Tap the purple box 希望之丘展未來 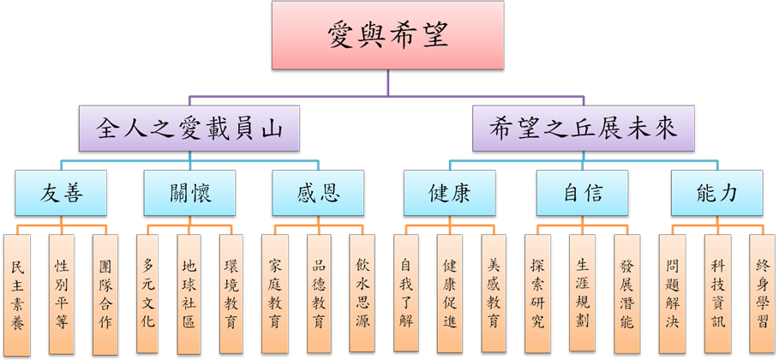(x=585, y=130)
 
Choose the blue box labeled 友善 (x=61, y=194)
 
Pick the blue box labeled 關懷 (x=189, y=194)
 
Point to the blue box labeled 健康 (x=450, y=194)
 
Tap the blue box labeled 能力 (x=716, y=194)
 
